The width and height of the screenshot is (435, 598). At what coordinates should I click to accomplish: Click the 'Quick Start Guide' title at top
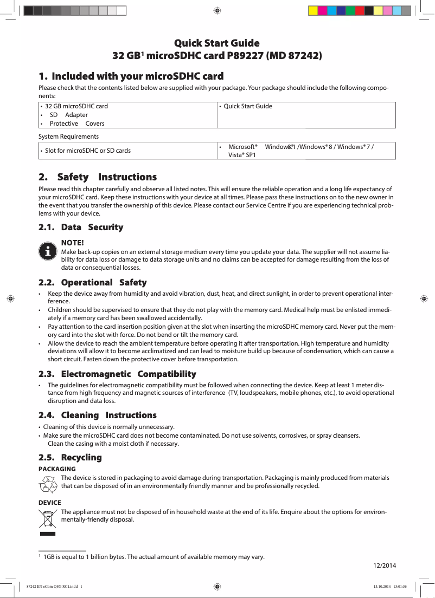pos(216,43)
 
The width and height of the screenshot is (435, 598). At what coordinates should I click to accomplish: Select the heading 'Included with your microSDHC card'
pos(137,76)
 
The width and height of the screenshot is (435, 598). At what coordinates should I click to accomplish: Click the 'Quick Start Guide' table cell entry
pos(248,106)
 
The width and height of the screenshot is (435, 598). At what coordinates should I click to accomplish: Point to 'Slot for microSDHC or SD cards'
pos(87,151)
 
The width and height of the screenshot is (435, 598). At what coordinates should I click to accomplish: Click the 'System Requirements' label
pos(68,136)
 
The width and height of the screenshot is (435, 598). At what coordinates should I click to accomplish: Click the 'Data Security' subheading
pos(92,227)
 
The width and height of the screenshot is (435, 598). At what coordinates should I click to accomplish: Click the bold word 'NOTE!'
pos(73,244)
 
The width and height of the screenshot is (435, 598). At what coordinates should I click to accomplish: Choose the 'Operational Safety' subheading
pos(104,283)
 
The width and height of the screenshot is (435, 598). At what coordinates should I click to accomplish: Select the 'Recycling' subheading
pos(81,458)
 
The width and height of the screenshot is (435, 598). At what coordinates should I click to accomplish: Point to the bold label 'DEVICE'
pos(49,503)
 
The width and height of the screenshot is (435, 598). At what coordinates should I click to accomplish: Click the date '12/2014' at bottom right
pos(385,566)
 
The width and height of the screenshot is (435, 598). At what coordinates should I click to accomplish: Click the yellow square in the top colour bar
pos(313,10)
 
